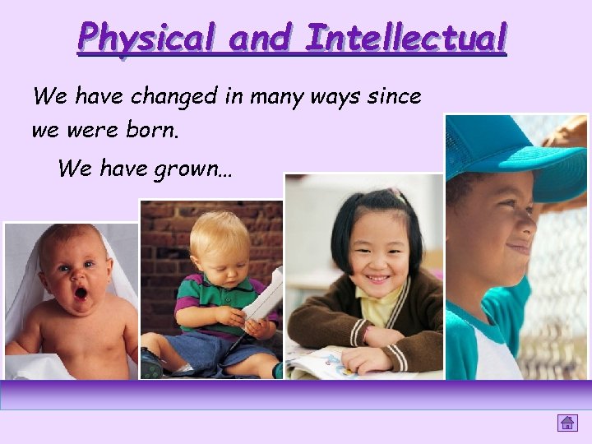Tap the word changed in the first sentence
pyautogui.click(x=170, y=97)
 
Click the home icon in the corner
pyautogui.click(x=567, y=423)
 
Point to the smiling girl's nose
pyautogui.click(x=376, y=262)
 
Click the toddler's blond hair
pyautogui.click(x=220, y=229)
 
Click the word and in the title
pyautogui.click(x=257, y=38)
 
